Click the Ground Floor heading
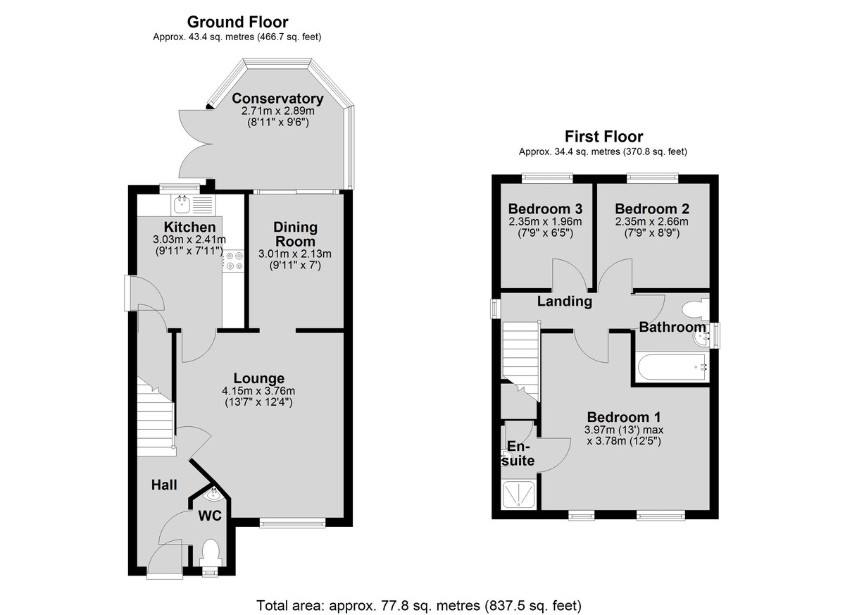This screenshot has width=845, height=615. point(238,23)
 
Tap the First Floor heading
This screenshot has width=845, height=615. point(603,136)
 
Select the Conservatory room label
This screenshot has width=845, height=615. point(277,99)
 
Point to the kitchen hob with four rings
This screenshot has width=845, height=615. point(234,261)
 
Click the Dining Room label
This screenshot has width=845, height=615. point(295,235)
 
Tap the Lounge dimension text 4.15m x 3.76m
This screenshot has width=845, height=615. point(258,391)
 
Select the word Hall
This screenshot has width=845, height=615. point(164,485)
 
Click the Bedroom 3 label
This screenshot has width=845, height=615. point(545,209)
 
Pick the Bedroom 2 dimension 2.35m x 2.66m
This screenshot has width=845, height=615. point(651,221)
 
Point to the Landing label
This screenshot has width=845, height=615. point(564,301)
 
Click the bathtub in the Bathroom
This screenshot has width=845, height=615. point(672,368)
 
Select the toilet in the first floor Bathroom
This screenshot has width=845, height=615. point(696,309)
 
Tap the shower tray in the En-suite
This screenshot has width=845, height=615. point(519,495)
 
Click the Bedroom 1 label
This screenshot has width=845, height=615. point(624,417)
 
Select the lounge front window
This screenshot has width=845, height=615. point(292,522)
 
